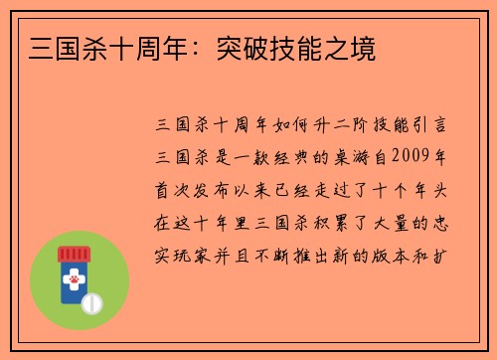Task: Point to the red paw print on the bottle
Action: pos(74,281)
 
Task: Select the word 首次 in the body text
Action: pos(169,186)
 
